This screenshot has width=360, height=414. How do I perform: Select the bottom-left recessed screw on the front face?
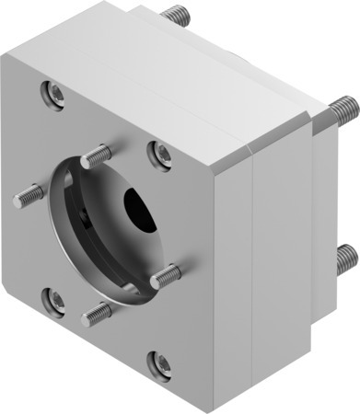click(54, 300)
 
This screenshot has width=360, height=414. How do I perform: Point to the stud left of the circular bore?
click(29, 196)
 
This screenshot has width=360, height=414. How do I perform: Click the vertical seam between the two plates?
click(252, 276)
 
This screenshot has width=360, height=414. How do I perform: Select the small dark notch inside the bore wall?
click(84, 218)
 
